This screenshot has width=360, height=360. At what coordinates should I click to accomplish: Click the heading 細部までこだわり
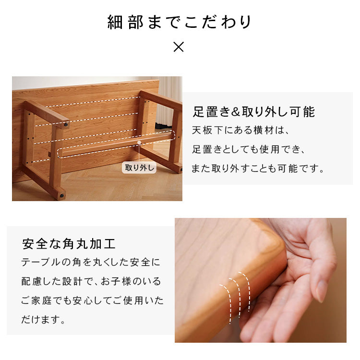(180, 23)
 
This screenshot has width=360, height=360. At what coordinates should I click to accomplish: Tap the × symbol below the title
(178, 47)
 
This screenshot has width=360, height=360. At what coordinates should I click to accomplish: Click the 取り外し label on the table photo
(139, 168)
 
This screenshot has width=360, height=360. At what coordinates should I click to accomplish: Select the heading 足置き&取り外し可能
(253, 112)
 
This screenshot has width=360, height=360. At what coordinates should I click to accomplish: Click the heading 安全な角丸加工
(69, 243)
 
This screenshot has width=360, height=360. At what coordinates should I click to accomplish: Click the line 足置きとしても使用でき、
(248, 149)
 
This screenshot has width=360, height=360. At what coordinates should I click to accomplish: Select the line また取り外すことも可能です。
(258, 168)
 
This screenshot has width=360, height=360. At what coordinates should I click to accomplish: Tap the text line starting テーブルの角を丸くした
(91, 263)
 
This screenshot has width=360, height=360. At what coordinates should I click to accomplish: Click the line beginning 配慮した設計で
(91, 281)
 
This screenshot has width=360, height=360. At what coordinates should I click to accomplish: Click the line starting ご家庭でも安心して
(92, 300)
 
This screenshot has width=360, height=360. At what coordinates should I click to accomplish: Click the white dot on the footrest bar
(139, 142)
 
